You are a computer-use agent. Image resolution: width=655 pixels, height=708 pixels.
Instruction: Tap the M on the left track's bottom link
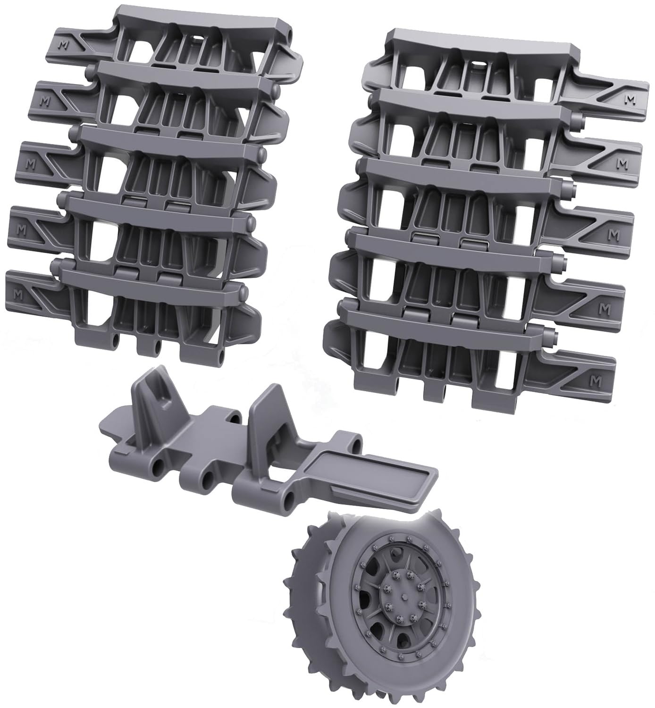(17, 294)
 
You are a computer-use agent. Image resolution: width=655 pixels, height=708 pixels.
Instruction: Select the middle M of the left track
(31, 164)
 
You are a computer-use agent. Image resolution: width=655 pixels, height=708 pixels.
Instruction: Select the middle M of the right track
(613, 234)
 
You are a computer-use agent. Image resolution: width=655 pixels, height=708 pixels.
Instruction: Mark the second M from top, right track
(622, 163)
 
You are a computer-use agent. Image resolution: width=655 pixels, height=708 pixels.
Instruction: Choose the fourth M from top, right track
(605, 310)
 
